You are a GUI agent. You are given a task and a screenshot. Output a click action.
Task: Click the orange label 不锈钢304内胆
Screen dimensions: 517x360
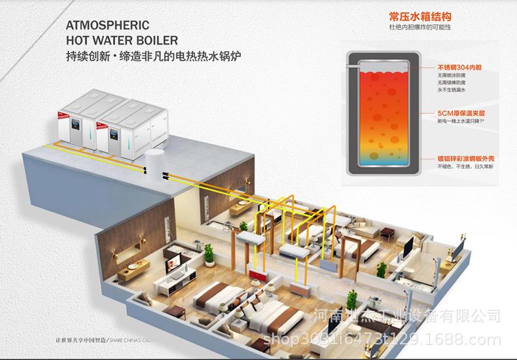(459, 67)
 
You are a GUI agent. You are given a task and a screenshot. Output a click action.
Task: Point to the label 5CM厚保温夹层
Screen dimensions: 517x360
(460, 113)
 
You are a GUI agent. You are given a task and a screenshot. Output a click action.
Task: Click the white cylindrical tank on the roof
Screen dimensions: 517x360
(154, 161)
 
